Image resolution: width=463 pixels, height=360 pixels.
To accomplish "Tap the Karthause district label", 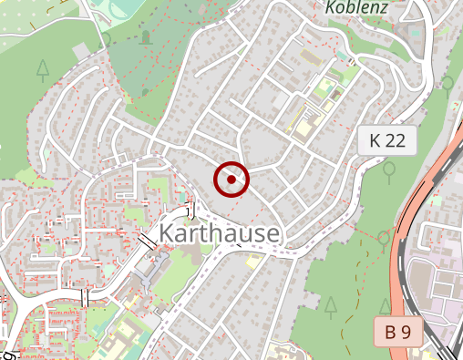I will coord(219,234).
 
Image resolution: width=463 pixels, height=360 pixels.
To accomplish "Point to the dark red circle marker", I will coord(231,180).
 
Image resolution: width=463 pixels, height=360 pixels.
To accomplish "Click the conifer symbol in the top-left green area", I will coord(43,68).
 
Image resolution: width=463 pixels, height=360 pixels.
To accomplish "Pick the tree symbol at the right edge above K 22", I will coord(448,83).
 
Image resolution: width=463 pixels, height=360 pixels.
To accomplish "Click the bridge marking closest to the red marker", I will coord(190,210).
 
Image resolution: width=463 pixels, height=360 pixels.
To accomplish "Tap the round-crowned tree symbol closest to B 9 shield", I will coord(384,239).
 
